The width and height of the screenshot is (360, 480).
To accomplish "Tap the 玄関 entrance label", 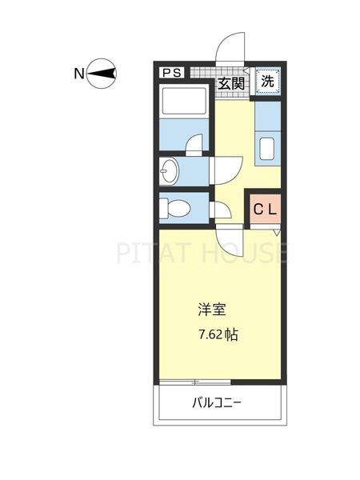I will pyautogui.click(x=232, y=82).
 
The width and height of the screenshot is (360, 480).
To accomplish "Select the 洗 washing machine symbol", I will pyautogui.click(x=268, y=82).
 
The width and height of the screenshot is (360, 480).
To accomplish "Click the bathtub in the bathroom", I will pyautogui.click(x=185, y=104).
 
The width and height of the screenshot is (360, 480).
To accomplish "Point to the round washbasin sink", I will pyautogui.click(x=169, y=170).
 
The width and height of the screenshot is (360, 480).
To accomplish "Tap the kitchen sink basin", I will pyautogui.click(x=267, y=150).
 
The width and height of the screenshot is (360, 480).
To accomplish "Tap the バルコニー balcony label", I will pyautogui.click(x=218, y=402).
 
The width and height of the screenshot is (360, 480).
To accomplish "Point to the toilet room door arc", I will pyautogui.click(x=221, y=210).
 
